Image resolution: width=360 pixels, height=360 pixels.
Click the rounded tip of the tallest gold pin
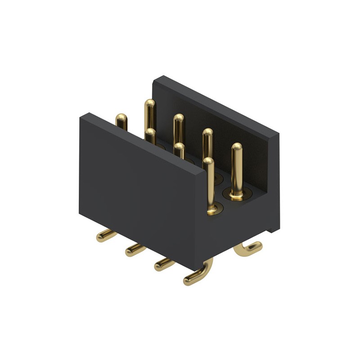coord(149,104)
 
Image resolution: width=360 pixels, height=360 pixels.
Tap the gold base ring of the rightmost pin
coord(237,195)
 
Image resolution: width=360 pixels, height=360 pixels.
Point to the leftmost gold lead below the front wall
coord(106,235)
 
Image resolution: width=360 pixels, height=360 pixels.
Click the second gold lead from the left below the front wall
coord(135,249)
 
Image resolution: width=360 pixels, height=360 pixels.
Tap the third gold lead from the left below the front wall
coord(164,264)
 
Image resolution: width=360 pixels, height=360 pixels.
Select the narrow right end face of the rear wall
coord(274,180)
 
